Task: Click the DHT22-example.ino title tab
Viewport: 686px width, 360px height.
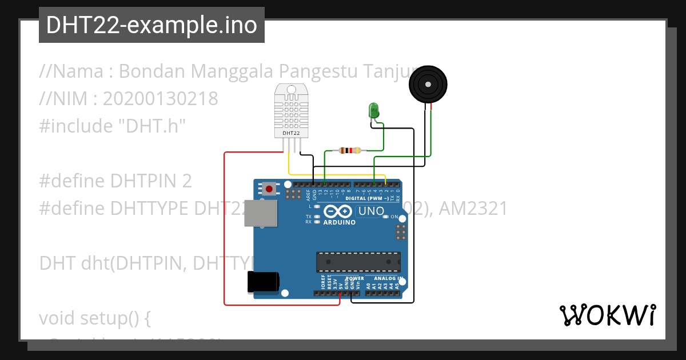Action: (151, 25)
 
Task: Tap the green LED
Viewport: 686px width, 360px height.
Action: (374, 110)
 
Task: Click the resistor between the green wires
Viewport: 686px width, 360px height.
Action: (349, 151)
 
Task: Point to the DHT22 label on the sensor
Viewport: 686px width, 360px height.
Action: (291, 133)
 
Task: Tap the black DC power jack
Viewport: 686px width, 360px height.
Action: (263, 282)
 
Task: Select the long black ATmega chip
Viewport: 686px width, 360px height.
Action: (358, 261)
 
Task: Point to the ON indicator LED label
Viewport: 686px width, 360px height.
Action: (394, 217)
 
